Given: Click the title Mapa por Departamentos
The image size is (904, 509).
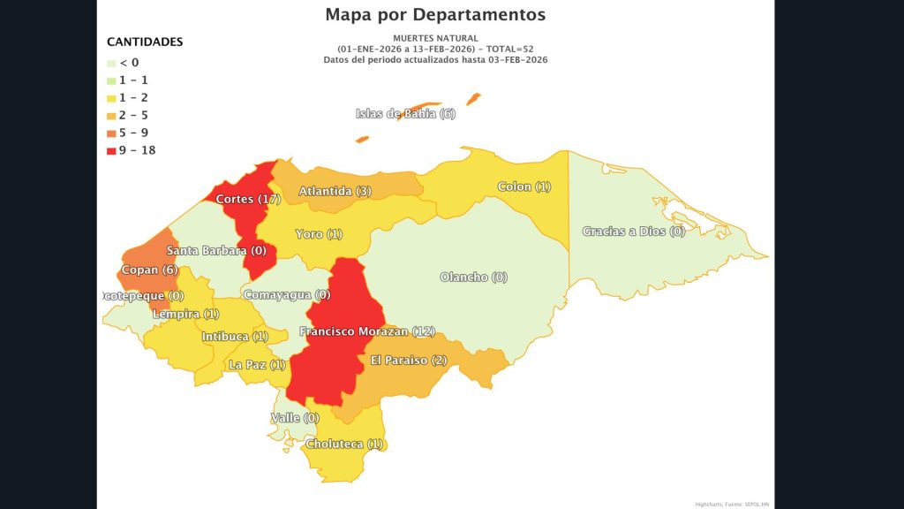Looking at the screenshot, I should coord(435,14).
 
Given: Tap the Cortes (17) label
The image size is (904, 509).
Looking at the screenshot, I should coord(248,199).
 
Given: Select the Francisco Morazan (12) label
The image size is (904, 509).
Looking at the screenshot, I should coord(367,331).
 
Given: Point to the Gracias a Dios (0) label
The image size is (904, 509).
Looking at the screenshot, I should coord(633,232).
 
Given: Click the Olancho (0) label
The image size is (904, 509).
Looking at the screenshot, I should coord(474,277).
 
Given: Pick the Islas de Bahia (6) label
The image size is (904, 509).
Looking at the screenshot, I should coord(405,113).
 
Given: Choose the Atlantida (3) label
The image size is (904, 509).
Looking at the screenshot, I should coord(335,191).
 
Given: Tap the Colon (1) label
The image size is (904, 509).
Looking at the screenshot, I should coord(524,186).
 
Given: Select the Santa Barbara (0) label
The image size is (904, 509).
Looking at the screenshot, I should coord(216,250).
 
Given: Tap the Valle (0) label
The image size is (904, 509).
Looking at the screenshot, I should coord(295,417).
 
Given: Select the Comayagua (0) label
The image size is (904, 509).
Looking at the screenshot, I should coord(286,294).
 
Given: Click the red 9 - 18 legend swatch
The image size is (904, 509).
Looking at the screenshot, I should coord(110,150).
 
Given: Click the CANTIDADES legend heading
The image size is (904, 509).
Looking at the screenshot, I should coord(145,42).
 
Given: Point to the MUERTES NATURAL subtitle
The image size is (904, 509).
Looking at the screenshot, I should coord(435,38).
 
